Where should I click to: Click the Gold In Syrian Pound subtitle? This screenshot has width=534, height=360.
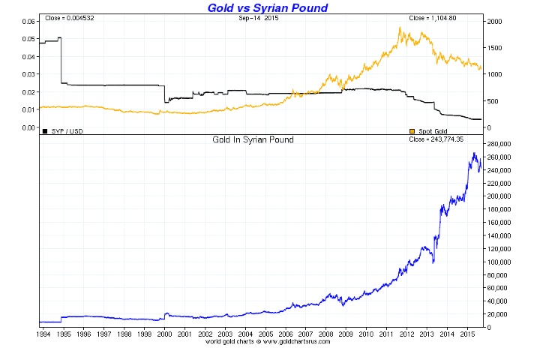click(x=251, y=140)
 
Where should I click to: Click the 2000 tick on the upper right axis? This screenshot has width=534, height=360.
click(x=496, y=22)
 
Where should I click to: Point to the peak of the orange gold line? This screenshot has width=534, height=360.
click(x=400, y=28)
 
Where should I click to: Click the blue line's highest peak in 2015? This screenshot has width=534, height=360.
click(x=474, y=153)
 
